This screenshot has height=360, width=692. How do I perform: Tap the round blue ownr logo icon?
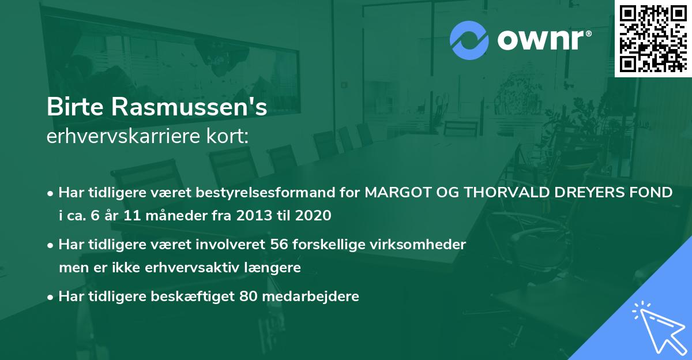click(469, 40)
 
